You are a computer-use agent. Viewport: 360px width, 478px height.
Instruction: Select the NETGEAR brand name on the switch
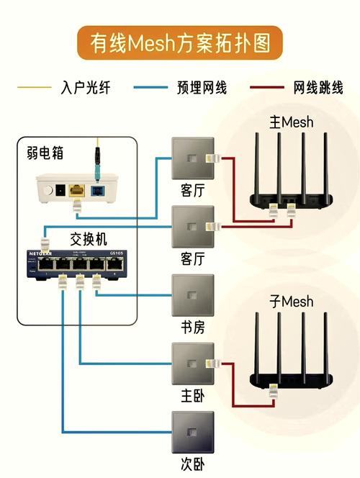(46, 253)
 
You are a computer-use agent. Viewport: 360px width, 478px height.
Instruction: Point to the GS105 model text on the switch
(118, 253)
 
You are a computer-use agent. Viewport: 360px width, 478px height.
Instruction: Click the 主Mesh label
(291, 122)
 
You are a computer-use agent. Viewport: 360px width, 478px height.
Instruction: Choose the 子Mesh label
(291, 301)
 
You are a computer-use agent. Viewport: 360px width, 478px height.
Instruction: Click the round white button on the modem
(49, 191)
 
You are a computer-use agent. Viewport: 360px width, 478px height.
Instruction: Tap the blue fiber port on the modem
(97, 190)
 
